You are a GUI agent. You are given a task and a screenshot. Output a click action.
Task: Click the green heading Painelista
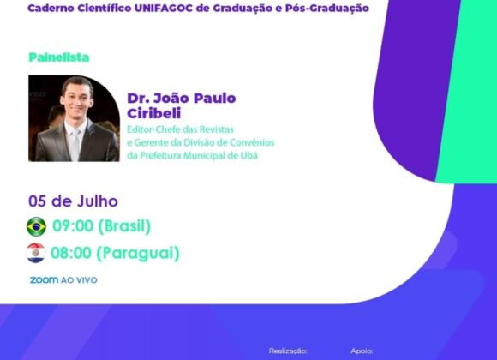click(x=58, y=57)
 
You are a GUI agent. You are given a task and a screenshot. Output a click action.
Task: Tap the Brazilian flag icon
click(x=37, y=226)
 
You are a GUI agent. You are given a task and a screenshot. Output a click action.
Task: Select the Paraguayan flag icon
click(x=36, y=252)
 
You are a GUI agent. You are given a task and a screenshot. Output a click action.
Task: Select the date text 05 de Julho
click(x=73, y=201)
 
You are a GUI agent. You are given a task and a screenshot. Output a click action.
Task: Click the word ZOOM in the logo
click(x=44, y=279)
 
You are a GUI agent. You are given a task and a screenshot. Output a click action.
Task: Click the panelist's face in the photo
click(x=77, y=98)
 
